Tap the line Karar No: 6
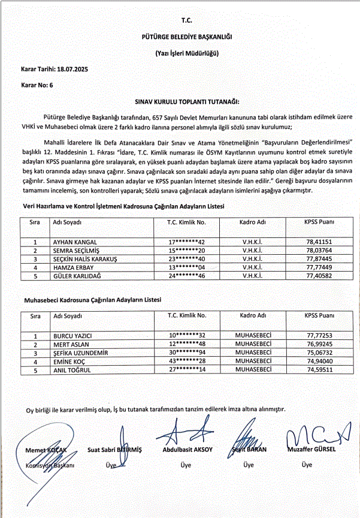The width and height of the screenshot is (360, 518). click(37, 86)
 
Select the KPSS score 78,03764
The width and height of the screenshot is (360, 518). click(319, 250)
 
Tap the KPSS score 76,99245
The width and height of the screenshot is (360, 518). click(319, 345)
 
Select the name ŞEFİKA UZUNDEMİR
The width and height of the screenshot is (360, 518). click(81, 354)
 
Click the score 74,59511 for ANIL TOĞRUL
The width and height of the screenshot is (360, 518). click(319, 371)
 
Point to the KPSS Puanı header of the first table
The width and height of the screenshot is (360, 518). click(319, 222)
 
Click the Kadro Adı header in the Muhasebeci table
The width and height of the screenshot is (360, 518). click(253, 315)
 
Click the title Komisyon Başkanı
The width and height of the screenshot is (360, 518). click(50, 465)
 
